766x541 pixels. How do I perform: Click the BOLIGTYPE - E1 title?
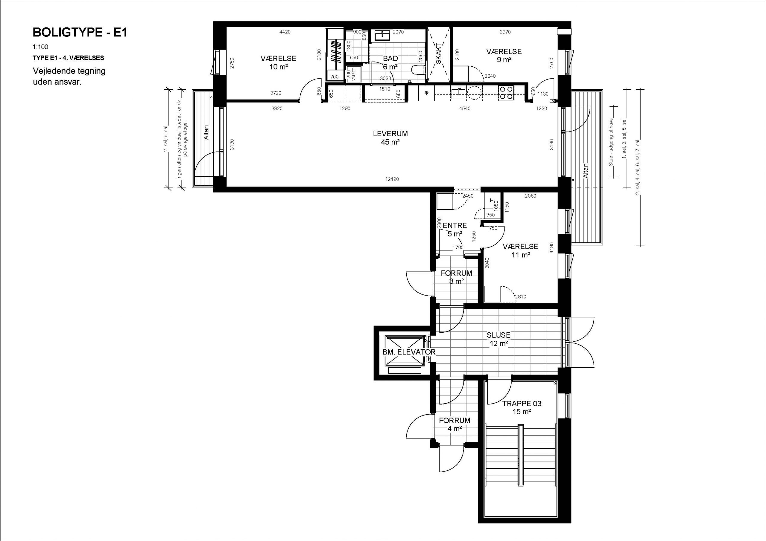80,32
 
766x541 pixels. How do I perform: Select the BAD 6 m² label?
390,63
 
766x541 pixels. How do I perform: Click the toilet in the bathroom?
418,70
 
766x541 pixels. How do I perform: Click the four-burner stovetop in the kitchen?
506,93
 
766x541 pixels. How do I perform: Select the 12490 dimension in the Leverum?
392,179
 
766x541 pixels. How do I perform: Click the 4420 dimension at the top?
285,32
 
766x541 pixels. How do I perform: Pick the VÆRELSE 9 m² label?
504,56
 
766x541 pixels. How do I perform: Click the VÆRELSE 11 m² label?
520,251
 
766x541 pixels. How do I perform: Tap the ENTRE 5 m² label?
455,230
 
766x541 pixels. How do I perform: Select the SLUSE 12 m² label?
498,339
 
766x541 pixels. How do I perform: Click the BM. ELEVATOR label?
409,352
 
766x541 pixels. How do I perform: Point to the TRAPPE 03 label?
522,403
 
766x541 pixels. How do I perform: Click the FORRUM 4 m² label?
455,424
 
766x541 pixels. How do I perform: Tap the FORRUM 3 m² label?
456,277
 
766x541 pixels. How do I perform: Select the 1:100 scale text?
40,47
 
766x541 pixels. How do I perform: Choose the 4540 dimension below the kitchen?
465,108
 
